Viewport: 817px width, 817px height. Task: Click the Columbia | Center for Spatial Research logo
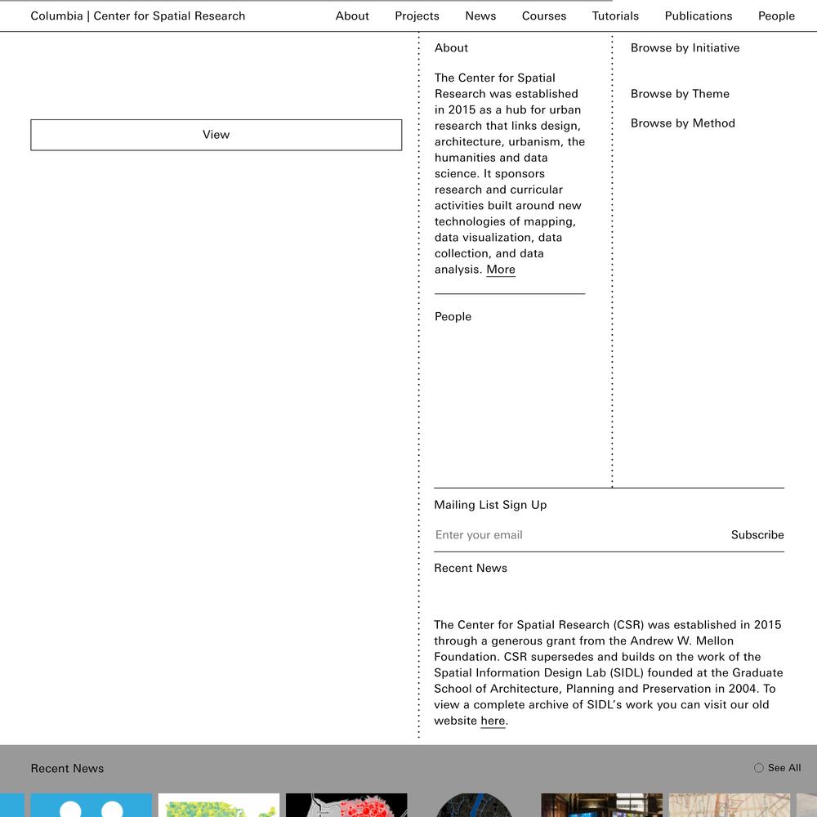click(x=138, y=16)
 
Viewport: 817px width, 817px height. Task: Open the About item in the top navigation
click(x=352, y=16)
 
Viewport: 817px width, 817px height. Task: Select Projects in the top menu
click(x=417, y=16)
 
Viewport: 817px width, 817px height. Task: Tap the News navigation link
click(x=480, y=16)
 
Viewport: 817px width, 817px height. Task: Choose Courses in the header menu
click(x=544, y=16)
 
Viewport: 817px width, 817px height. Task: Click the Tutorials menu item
click(x=615, y=16)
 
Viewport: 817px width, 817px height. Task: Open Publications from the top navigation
click(x=699, y=16)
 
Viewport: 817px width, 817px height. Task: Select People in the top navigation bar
click(x=776, y=16)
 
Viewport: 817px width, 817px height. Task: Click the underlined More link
click(x=501, y=270)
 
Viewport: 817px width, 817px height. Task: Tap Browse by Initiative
click(x=685, y=48)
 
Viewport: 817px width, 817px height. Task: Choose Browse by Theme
click(x=680, y=94)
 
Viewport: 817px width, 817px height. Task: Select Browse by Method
click(x=683, y=123)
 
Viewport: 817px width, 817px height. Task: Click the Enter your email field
click(x=572, y=535)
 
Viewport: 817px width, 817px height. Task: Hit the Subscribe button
click(x=757, y=535)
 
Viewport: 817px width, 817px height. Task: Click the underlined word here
click(x=493, y=721)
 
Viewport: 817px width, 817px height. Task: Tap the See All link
click(x=778, y=768)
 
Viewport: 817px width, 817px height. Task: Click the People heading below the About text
click(x=453, y=317)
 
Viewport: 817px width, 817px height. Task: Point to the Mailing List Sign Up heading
click(x=490, y=505)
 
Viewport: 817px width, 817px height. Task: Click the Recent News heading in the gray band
click(x=67, y=769)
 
